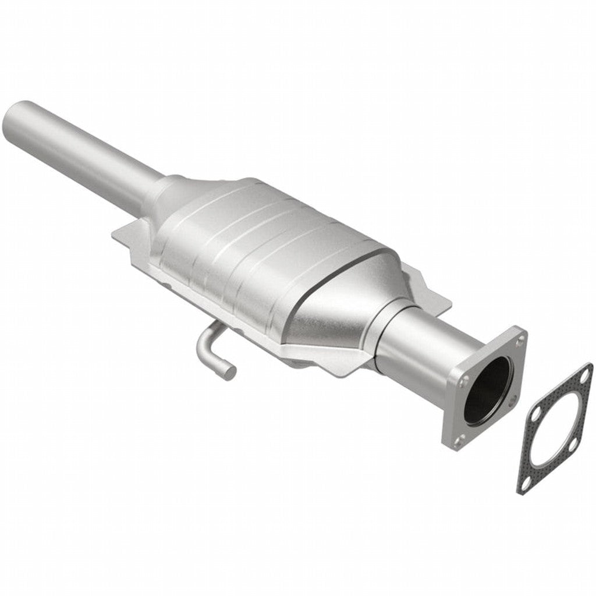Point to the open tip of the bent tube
coord(230,370)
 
